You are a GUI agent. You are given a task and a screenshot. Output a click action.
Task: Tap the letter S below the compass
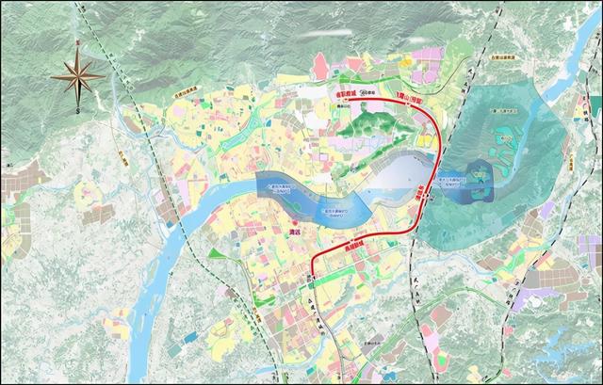(77, 110)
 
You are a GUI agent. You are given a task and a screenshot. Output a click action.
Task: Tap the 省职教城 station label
(337, 107)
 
